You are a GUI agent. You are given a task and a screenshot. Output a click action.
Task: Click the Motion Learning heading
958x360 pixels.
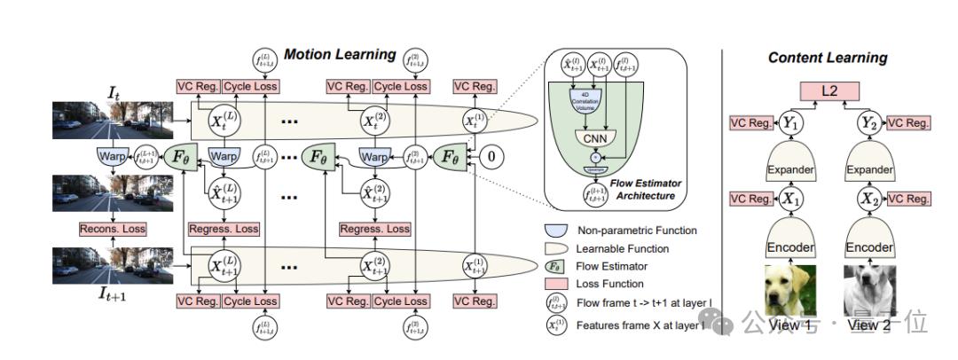(340, 55)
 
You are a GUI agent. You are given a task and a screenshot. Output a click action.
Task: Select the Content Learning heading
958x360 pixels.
(827, 58)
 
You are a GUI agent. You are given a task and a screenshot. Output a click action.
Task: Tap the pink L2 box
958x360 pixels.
(828, 90)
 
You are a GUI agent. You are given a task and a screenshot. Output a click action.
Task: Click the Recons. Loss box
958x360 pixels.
(112, 228)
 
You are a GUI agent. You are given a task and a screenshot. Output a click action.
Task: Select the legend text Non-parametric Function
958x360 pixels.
(638, 231)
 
